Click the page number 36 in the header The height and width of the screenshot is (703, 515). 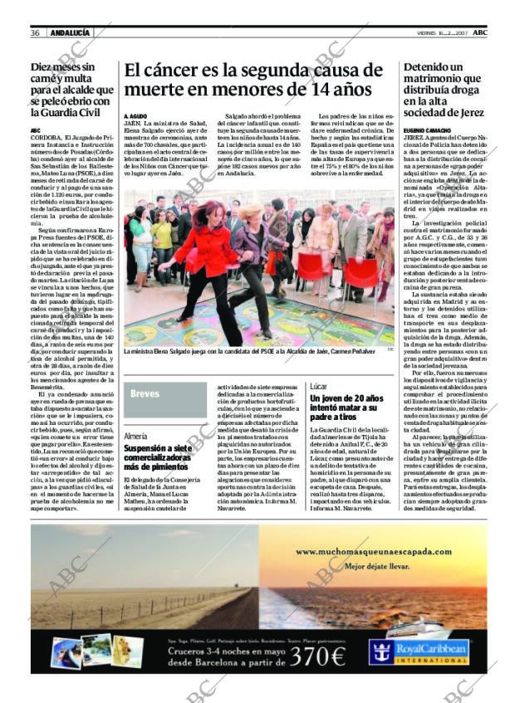(36, 32)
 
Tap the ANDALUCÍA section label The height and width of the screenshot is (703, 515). (70, 32)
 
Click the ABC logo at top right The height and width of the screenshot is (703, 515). (493, 32)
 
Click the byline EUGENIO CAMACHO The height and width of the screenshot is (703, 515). (428, 131)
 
